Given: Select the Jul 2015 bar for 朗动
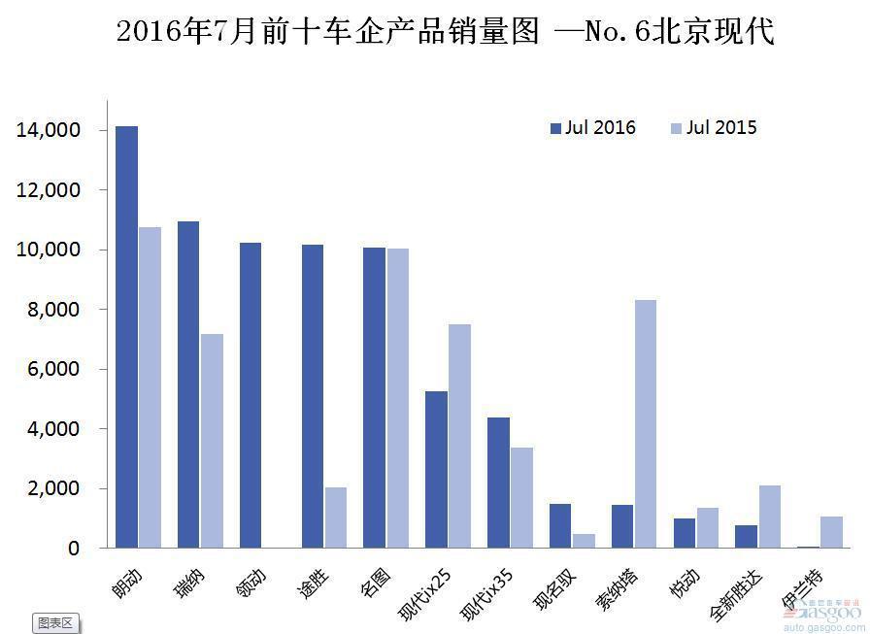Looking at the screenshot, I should point(150,387).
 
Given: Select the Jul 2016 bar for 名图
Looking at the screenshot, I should point(375,398).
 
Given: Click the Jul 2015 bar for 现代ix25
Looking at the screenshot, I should point(460,436).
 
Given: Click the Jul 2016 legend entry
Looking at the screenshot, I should point(593,127).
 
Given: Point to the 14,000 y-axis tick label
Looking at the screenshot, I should point(48,130).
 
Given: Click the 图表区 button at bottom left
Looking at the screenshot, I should point(55,622).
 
